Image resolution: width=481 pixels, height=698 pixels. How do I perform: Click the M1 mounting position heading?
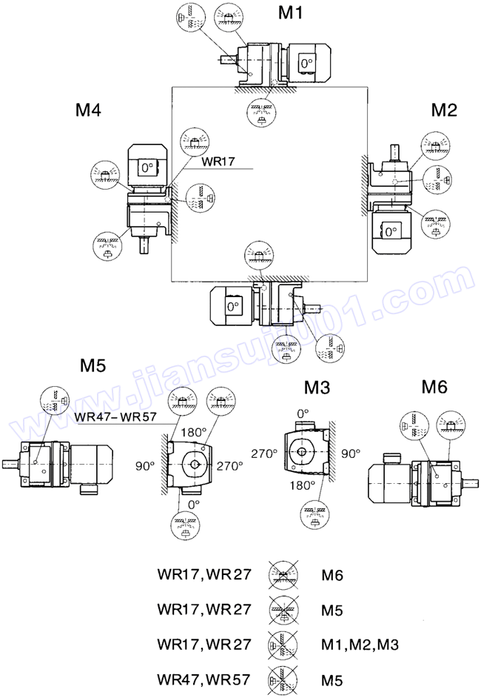click(x=291, y=13)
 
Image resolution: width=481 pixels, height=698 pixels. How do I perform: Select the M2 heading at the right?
click(x=445, y=110)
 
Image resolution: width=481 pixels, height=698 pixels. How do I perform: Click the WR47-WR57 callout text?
click(x=115, y=417)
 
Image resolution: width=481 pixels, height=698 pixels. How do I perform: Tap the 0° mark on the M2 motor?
click(x=390, y=233)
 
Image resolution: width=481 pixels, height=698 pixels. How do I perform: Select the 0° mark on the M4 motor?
click(x=146, y=167)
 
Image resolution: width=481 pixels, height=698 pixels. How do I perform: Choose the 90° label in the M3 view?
click(x=350, y=452)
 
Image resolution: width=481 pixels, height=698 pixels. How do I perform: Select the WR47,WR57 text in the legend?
click(x=203, y=679)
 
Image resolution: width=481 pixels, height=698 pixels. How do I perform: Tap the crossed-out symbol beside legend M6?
click(x=280, y=574)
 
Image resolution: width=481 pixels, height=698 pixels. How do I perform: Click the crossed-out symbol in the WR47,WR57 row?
click(x=280, y=679)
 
